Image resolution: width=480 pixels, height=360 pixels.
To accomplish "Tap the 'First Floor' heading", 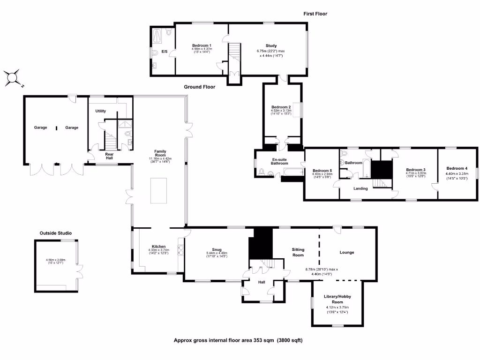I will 315,14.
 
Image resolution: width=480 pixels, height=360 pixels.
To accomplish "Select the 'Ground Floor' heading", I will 199,87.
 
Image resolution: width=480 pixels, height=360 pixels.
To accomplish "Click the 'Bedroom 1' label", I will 202,45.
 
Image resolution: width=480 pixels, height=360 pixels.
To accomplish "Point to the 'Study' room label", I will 270,45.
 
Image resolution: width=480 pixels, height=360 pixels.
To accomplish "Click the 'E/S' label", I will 165,51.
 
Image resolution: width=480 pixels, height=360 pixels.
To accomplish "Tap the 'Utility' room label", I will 100,111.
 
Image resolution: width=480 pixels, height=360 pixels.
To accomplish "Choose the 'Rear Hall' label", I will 109,156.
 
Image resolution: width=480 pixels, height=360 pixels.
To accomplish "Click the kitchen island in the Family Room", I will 158,191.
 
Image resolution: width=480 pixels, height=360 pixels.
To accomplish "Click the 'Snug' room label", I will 216,250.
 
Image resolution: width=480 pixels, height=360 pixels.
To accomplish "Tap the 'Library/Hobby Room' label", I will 337,299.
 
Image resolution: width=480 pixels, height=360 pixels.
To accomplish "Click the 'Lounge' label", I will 347,252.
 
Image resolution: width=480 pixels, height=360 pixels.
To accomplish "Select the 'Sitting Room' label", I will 298,252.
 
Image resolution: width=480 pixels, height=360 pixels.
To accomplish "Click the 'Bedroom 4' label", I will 457,168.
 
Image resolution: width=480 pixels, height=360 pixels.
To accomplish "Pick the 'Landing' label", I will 360,188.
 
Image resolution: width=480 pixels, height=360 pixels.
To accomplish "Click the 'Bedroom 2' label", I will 281,107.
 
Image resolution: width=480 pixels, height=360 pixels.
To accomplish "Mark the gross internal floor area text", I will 238,341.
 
